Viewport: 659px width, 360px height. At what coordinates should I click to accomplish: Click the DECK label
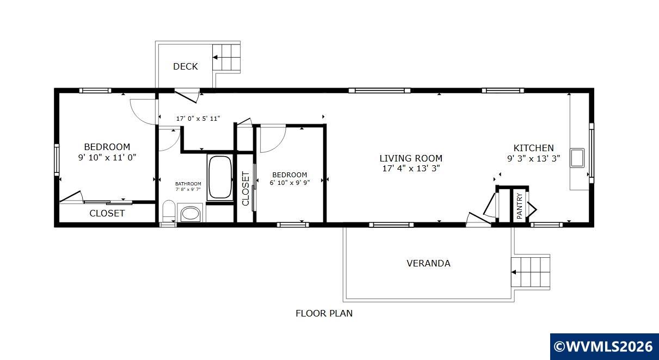click(x=186, y=66)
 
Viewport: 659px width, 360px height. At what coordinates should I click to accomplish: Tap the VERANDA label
click(x=428, y=263)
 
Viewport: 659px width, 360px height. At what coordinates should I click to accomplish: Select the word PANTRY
click(x=520, y=206)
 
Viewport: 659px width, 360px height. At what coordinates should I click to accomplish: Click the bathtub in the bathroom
click(x=220, y=177)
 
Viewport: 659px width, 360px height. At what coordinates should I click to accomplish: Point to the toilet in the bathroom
click(x=169, y=210)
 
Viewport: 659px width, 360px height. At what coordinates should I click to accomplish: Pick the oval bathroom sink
click(x=190, y=214)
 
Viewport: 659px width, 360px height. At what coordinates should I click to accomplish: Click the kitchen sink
click(x=577, y=158)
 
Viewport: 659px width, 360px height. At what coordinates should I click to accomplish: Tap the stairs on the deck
click(x=226, y=57)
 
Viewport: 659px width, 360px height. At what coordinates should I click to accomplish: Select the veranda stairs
click(x=531, y=272)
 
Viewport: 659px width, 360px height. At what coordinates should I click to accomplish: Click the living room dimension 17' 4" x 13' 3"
click(x=411, y=169)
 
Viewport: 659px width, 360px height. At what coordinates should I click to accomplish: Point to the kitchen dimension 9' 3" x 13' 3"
click(x=533, y=159)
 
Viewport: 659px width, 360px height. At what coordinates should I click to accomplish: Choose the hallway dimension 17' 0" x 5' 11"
click(x=198, y=119)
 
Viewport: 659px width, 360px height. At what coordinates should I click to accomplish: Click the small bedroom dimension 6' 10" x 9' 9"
click(x=290, y=183)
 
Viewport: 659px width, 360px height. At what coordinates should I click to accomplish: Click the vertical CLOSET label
click(x=245, y=189)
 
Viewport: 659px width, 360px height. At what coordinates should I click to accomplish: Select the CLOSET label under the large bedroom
click(x=107, y=213)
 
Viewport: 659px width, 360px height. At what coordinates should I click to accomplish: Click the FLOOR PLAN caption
click(x=324, y=313)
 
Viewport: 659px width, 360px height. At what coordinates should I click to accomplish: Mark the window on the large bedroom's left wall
click(x=57, y=160)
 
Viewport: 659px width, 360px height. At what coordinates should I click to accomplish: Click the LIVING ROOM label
click(x=411, y=158)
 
